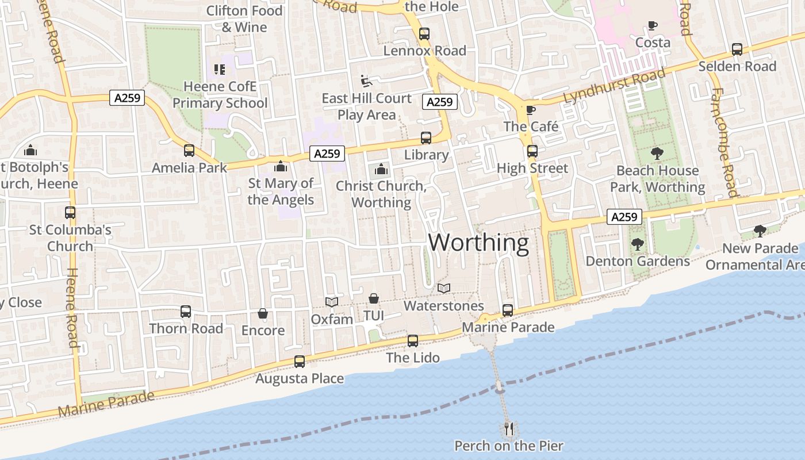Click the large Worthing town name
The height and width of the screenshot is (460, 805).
click(x=478, y=243)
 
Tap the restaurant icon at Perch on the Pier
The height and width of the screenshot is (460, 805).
click(x=508, y=428)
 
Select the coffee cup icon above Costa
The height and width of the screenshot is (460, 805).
click(x=652, y=25)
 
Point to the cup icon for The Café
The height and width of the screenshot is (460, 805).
click(x=530, y=110)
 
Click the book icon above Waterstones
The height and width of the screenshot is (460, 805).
click(x=444, y=288)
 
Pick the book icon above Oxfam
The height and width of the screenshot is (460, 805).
click(x=331, y=302)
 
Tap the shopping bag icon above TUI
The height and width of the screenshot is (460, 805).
click(x=374, y=298)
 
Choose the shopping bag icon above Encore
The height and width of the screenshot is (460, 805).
click(x=263, y=313)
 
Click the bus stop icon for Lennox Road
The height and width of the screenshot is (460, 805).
click(x=424, y=34)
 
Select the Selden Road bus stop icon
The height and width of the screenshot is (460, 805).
click(x=737, y=49)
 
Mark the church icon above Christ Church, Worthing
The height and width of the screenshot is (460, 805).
click(x=381, y=169)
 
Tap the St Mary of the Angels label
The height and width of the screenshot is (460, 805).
click(x=281, y=191)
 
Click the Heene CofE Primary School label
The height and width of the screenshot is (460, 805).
click(x=220, y=95)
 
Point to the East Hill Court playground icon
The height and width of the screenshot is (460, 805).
click(x=366, y=81)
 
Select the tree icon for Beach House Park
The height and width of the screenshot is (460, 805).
click(x=657, y=154)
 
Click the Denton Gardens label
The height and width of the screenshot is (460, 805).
click(x=637, y=261)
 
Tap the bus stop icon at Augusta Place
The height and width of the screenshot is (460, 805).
click(x=300, y=362)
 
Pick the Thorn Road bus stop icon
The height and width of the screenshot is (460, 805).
click(x=186, y=312)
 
